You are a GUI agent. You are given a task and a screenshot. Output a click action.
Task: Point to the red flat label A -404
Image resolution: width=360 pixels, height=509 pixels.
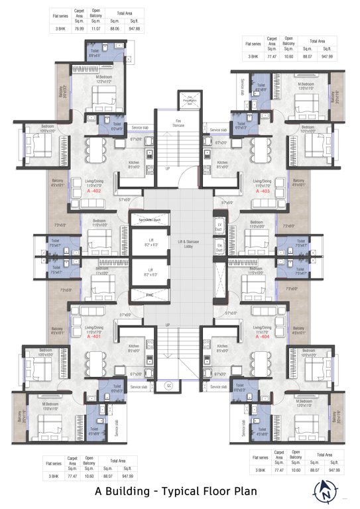pyautogui.click(x=262, y=336)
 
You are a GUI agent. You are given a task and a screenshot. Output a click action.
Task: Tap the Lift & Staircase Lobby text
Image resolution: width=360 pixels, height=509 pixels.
pyautogui.click(x=180, y=246)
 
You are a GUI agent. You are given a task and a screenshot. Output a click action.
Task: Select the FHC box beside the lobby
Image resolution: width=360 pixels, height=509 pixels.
pyautogui.click(x=141, y=292)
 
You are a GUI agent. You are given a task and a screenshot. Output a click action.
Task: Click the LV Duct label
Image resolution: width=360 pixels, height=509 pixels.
pyautogui.click(x=218, y=227)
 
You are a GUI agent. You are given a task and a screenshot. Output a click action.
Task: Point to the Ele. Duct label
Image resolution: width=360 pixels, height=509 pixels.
pyautogui.click(x=219, y=250)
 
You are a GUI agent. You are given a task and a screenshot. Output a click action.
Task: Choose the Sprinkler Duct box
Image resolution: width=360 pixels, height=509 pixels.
pyautogui.click(x=149, y=218)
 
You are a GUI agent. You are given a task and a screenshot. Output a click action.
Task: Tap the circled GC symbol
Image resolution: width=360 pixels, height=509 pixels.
pyautogui.click(x=168, y=385)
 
